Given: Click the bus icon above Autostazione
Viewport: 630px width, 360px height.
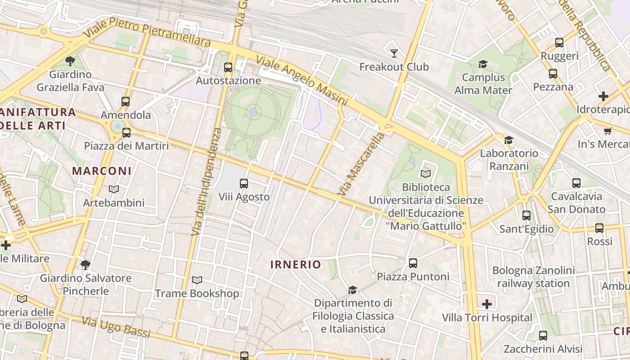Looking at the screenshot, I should point(228,67).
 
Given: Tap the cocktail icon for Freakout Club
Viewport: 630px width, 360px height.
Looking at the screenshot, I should point(394,54).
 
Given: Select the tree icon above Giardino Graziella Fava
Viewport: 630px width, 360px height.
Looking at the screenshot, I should point(70,61).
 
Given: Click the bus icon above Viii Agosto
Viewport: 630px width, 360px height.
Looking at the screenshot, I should point(244,183).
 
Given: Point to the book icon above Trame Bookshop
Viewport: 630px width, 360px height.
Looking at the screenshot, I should point(197,280).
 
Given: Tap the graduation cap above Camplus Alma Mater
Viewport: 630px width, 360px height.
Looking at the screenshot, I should point(483,64).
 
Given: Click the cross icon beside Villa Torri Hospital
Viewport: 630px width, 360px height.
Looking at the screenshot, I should point(486,305).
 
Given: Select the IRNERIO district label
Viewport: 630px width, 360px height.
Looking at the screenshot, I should point(296,265).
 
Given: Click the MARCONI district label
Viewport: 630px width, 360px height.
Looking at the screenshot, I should point(102,171).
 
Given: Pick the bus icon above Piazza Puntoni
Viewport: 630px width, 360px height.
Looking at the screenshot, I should point(413,263).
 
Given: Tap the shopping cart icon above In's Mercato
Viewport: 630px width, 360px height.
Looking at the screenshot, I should point(608,131).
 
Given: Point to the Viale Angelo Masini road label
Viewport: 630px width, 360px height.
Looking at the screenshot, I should point(301,81).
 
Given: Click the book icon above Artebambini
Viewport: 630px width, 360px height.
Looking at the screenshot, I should point(114,189).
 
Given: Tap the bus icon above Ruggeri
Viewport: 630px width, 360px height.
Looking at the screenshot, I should point(559,43).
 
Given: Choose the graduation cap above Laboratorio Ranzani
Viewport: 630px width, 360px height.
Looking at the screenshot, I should point(508,140).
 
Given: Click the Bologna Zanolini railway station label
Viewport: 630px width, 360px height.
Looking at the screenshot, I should point(533,277).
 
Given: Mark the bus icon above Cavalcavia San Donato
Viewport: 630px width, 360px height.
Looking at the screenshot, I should point(576,183).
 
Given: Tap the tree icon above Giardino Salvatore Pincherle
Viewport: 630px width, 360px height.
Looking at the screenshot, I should point(85,265).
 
